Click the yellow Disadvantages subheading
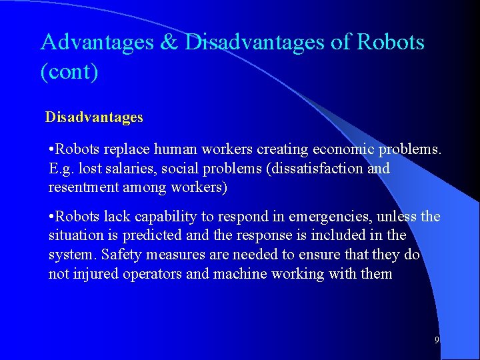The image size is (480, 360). [94, 117]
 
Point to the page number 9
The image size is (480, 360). [437, 340]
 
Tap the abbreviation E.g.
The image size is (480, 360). [62, 169]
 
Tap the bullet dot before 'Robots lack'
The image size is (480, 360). [52, 217]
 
